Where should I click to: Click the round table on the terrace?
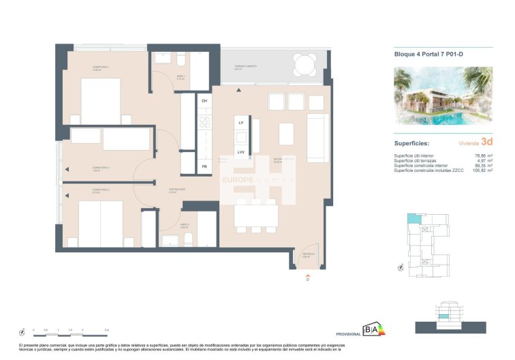pyautogui.click(x=304, y=65)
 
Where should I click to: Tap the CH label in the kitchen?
pyautogui.click(x=204, y=101)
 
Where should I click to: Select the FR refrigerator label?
pyautogui.click(x=204, y=166)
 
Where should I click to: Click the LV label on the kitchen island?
pyautogui.click(x=241, y=122)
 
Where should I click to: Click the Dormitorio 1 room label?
pyautogui.click(x=82, y=67)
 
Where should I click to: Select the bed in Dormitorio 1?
pyautogui.click(x=101, y=101)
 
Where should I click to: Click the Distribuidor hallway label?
pyautogui.click(x=176, y=190)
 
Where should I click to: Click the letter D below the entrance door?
pyautogui.click(x=308, y=279)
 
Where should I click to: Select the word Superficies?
pyautogui.click(x=411, y=144)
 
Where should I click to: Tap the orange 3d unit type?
pyautogui.click(x=486, y=142)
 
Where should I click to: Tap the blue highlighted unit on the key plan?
pyautogui.click(x=412, y=219)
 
